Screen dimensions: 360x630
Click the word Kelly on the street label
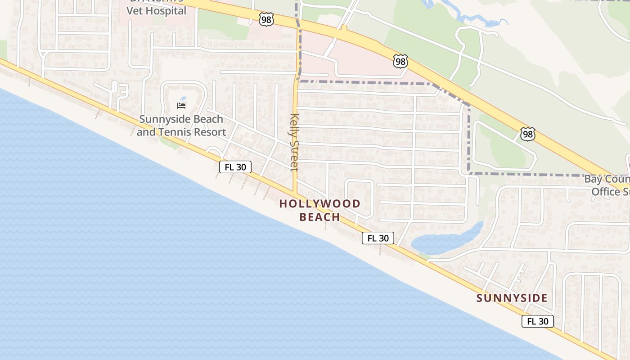295,124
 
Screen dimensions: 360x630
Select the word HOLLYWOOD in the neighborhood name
320,203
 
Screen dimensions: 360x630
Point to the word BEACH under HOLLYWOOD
320,217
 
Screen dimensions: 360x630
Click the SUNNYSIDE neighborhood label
512,298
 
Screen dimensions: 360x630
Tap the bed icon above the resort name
181,106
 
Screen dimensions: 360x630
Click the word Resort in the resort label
208,132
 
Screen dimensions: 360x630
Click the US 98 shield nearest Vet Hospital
266,19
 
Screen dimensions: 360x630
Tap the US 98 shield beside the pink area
400,61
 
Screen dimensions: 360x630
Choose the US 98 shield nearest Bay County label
528,134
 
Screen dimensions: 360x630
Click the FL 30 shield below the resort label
235,167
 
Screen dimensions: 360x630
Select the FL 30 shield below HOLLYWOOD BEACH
378,238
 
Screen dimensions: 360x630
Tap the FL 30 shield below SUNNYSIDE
538,321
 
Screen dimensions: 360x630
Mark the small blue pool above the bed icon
183,99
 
